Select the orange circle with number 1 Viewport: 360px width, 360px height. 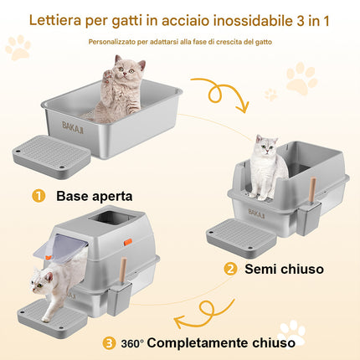[x=39, y=196]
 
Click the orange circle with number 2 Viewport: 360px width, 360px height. [x=230, y=269]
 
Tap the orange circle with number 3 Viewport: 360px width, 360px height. [x=109, y=343]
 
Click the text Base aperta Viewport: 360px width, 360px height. [x=95, y=196]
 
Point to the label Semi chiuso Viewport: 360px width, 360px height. [x=284, y=269]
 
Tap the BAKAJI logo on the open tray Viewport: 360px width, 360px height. [x=73, y=127]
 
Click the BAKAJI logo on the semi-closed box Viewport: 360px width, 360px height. [x=256, y=213]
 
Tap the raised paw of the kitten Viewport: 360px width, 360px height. [x=108, y=75]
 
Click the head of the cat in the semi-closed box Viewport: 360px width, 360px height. [x=267, y=144]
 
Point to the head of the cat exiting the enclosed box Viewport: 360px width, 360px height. [x=41, y=280]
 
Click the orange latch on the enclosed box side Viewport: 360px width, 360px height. [x=128, y=242]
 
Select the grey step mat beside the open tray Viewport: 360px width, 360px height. [x=52, y=157]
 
